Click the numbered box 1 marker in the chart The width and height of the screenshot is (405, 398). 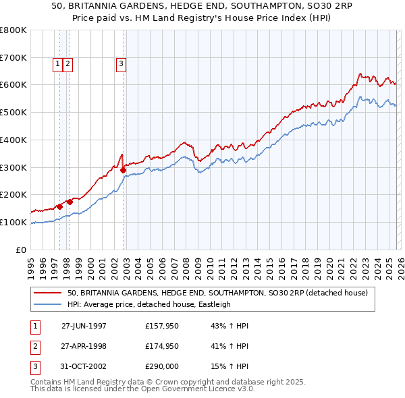(x=58, y=64)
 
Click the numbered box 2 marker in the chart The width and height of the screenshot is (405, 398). (x=69, y=64)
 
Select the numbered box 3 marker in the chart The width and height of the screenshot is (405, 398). (x=122, y=64)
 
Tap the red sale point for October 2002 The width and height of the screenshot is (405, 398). (x=124, y=170)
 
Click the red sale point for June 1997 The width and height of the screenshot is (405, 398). (x=60, y=206)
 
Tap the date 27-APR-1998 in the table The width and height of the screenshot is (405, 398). (x=84, y=346)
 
